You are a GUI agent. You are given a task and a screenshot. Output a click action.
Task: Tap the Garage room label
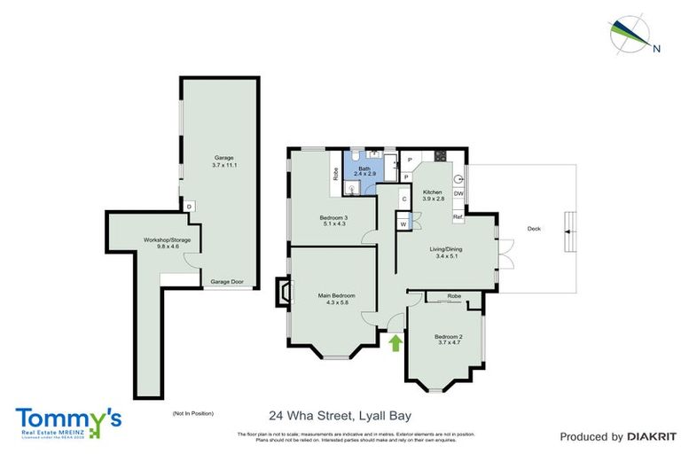[x=223, y=161]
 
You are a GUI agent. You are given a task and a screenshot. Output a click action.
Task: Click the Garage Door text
[x=228, y=282]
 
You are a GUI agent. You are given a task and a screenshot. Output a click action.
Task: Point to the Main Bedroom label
[x=337, y=300]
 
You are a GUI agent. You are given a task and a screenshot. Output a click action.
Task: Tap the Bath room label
[x=364, y=171]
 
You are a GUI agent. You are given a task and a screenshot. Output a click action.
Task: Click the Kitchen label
[x=432, y=196]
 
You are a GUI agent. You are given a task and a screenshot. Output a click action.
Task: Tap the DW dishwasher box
[x=458, y=193]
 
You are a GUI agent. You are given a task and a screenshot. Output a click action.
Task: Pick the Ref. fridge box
[x=458, y=216]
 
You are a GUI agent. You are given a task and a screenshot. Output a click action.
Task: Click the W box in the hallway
[x=403, y=225]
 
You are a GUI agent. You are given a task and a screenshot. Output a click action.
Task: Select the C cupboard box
[x=403, y=200]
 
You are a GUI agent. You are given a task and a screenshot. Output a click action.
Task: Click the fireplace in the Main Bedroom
[x=283, y=293]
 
